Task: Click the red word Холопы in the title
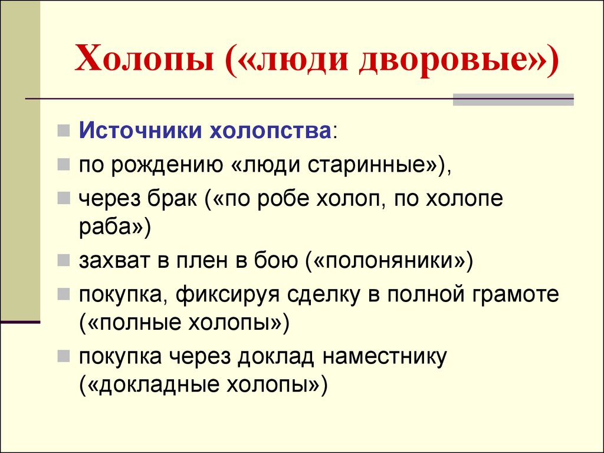pos(145,58)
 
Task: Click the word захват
pos(114,261)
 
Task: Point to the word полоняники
pos(390,261)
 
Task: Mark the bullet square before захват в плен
pos(64,260)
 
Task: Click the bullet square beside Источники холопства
pos(64,130)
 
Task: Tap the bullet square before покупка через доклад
pos(64,356)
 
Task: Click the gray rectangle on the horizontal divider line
pos(513,99)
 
